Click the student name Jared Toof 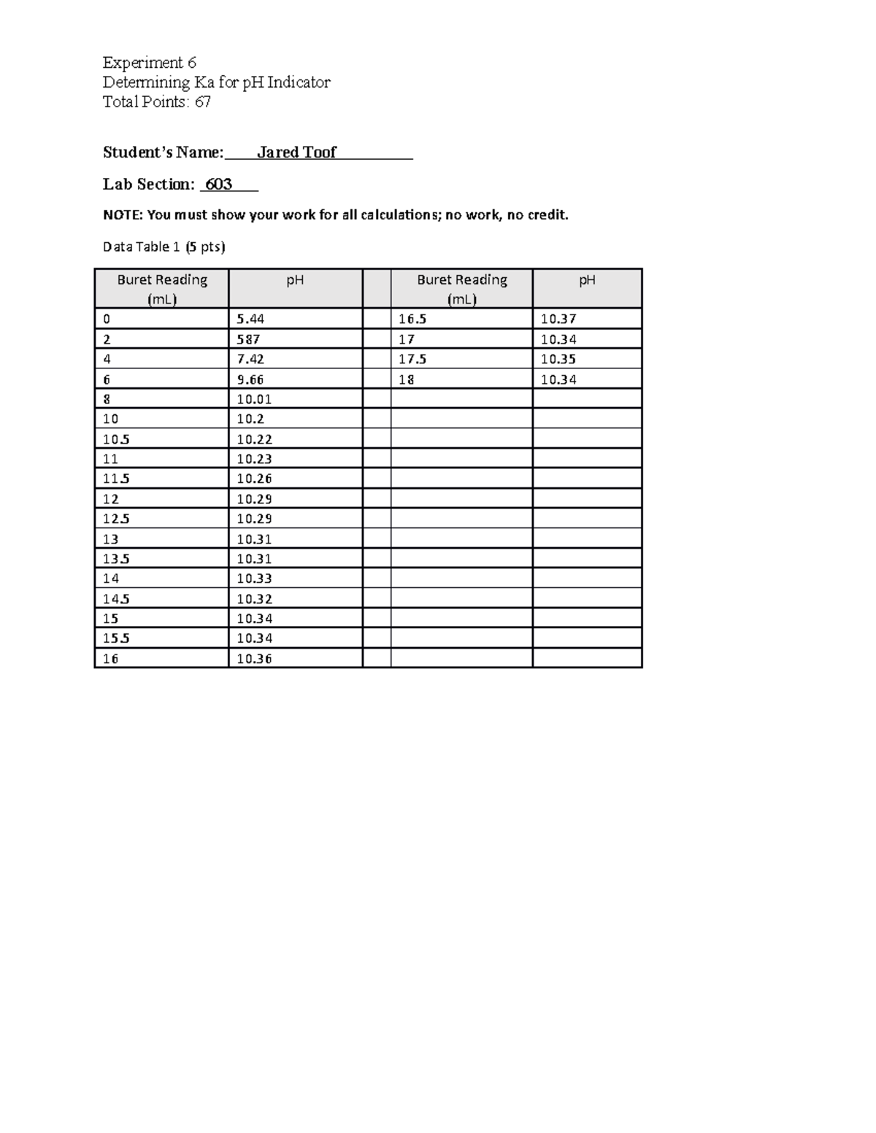tap(296, 152)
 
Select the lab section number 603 tap(218, 185)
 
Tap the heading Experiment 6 tap(149, 63)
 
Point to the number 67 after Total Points tap(202, 102)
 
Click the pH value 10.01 tap(254, 399)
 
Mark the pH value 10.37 tap(558, 319)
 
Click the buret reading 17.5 tap(412, 359)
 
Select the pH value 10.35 tap(558, 359)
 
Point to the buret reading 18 tap(407, 379)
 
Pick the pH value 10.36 tap(254, 659)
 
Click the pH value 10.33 tap(254, 579)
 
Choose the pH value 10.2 tap(250, 419)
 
